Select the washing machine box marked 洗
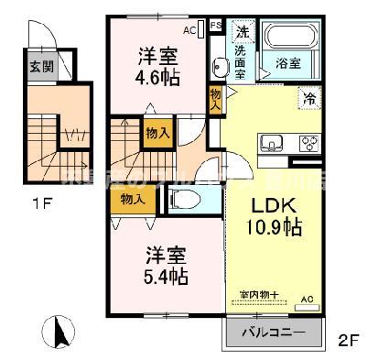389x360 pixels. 243,32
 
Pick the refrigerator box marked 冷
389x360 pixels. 309,96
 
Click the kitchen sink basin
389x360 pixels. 270,142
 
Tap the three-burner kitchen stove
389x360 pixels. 307,143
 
